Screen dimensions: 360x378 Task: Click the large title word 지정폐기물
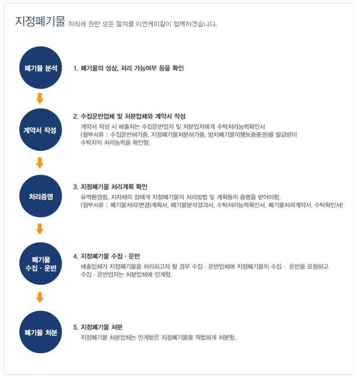[40, 21]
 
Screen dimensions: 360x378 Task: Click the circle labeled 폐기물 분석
[41, 68]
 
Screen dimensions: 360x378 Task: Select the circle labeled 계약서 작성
[41, 129]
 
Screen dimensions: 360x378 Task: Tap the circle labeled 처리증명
[41, 196]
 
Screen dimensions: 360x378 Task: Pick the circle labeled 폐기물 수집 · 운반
[41, 263]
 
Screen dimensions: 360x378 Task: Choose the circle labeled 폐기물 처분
[41, 332]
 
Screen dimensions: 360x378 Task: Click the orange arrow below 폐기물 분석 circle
[40, 98]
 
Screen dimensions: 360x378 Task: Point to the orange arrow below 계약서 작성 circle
[40, 163]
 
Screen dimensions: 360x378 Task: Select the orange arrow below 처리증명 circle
[40, 229]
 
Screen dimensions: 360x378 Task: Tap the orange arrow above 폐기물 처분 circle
[40, 297]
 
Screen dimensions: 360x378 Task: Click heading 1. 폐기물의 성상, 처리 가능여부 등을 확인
[129, 68]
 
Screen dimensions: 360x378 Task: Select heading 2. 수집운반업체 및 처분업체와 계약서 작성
[129, 117]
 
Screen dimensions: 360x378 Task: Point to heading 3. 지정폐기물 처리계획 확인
[110, 187]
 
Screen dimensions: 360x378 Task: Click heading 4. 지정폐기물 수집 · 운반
[107, 256]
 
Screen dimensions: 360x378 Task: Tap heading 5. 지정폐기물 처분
[98, 327]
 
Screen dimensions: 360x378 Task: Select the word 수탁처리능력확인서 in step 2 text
[241, 126]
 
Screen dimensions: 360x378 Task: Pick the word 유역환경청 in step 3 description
[95, 197]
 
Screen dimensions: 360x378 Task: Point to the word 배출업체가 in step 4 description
[94, 266]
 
